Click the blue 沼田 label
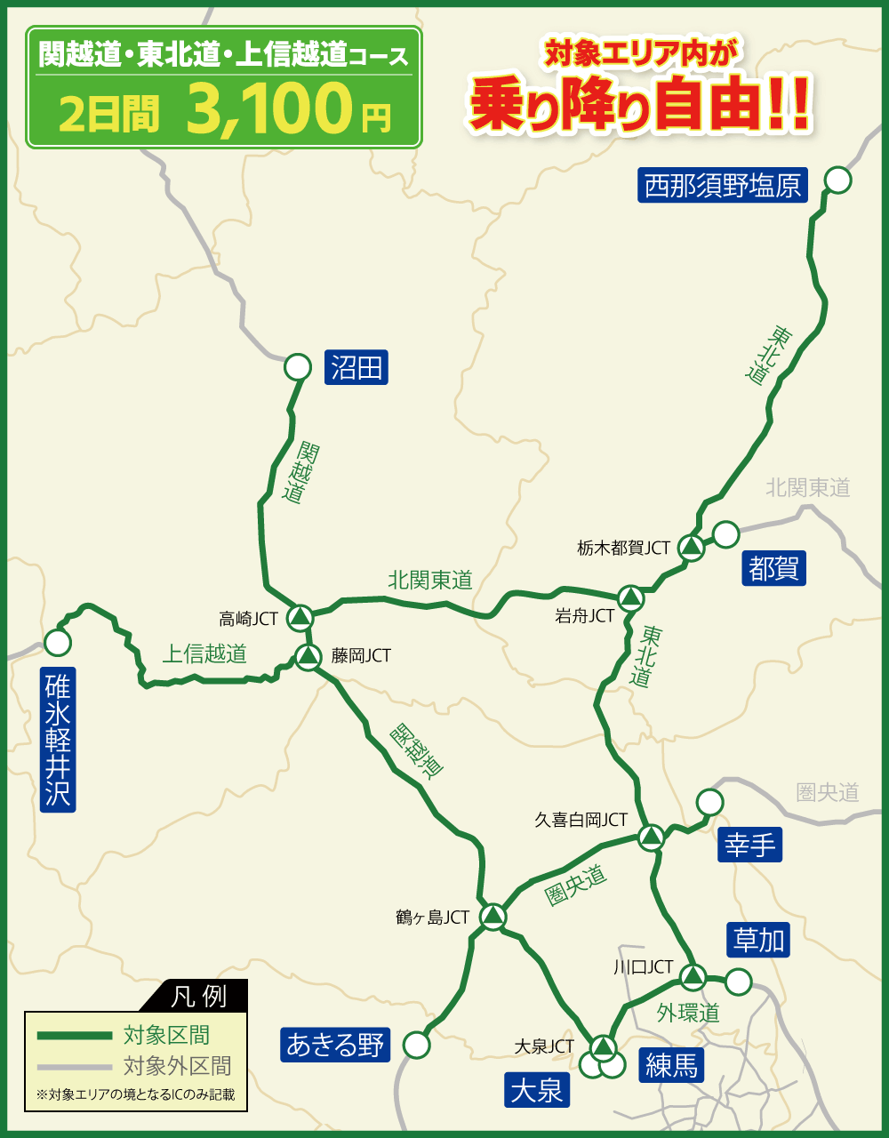click(356, 366)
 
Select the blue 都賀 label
click(773, 568)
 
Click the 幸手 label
click(750, 845)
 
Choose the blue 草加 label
click(758, 939)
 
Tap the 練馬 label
click(671, 1065)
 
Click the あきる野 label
click(335, 1045)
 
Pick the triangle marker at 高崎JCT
click(301, 615)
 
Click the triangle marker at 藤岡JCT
click(308, 657)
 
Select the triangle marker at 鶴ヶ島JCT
click(493, 915)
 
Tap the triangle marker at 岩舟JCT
click(630, 597)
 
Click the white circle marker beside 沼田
click(297, 366)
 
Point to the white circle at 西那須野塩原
click(837, 180)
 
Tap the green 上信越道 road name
click(204, 653)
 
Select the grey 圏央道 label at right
click(828, 791)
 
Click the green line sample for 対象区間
click(74, 1036)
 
